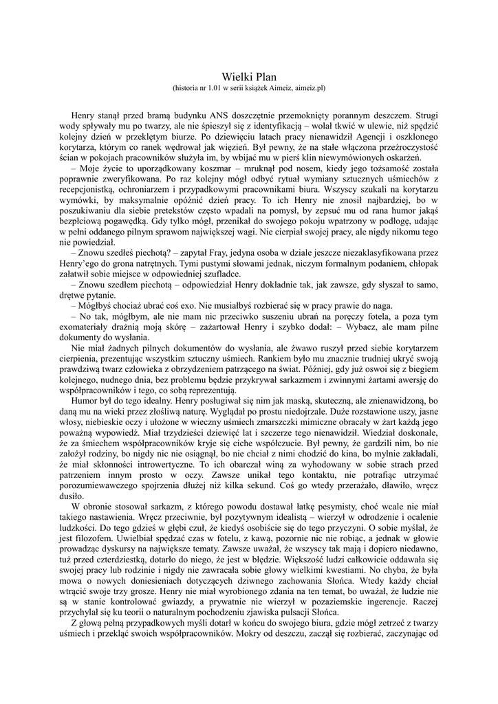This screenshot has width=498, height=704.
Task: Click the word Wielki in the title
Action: (x=237, y=78)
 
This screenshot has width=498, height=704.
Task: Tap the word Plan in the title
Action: (x=265, y=78)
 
